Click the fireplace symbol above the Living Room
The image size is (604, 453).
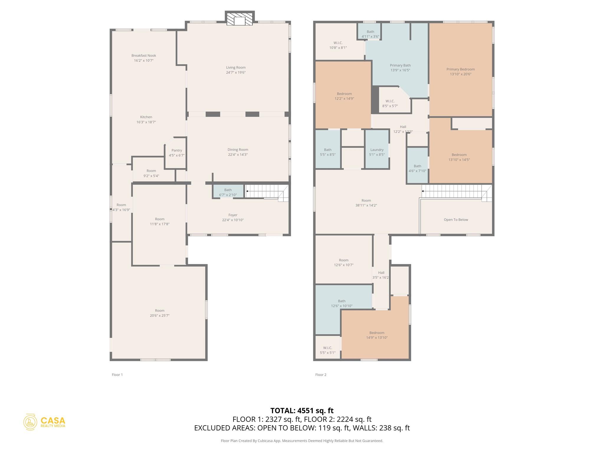(239, 19)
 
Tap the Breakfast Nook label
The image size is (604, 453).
(144, 55)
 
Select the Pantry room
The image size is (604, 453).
(176, 153)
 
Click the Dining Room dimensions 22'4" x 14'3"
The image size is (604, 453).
(237, 155)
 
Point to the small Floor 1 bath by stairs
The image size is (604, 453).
(228, 192)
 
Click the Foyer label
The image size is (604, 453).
(233, 215)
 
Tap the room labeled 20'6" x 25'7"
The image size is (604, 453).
(160, 313)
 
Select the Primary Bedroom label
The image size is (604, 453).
(460, 69)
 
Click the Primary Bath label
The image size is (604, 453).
(400, 65)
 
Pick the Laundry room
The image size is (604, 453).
(377, 152)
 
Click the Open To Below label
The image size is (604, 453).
(456, 220)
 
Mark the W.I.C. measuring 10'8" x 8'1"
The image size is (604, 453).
(338, 45)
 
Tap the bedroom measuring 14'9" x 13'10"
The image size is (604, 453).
(377, 335)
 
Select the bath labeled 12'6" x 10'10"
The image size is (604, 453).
(342, 303)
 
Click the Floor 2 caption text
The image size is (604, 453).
(321, 375)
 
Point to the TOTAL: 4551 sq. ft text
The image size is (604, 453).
(302, 411)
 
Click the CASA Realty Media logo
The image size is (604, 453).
(45, 422)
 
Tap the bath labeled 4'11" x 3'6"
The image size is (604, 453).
(370, 34)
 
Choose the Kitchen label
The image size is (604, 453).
(146, 117)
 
